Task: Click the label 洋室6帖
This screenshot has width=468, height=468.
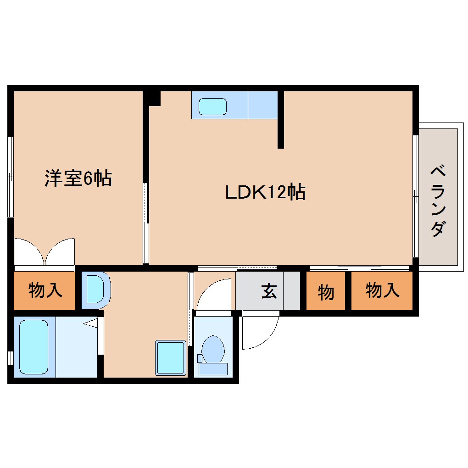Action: (78, 178)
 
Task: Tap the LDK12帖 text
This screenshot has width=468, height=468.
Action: (265, 192)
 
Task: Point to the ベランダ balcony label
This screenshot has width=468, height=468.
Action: (438, 201)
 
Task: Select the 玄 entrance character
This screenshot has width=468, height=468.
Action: (269, 291)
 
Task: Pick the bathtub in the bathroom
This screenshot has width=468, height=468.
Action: (33, 346)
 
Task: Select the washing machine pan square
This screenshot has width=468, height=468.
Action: (171, 357)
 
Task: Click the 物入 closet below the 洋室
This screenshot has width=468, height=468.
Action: (45, 290)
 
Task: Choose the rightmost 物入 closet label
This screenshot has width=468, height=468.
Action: (382, 290)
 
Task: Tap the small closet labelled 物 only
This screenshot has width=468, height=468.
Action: (326, 292)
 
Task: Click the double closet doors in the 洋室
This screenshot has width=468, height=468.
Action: (45, 252)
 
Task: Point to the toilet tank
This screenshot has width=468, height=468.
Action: (213, 368)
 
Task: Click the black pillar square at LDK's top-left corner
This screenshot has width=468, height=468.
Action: (154, 98)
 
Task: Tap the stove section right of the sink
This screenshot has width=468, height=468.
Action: (263, 105)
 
